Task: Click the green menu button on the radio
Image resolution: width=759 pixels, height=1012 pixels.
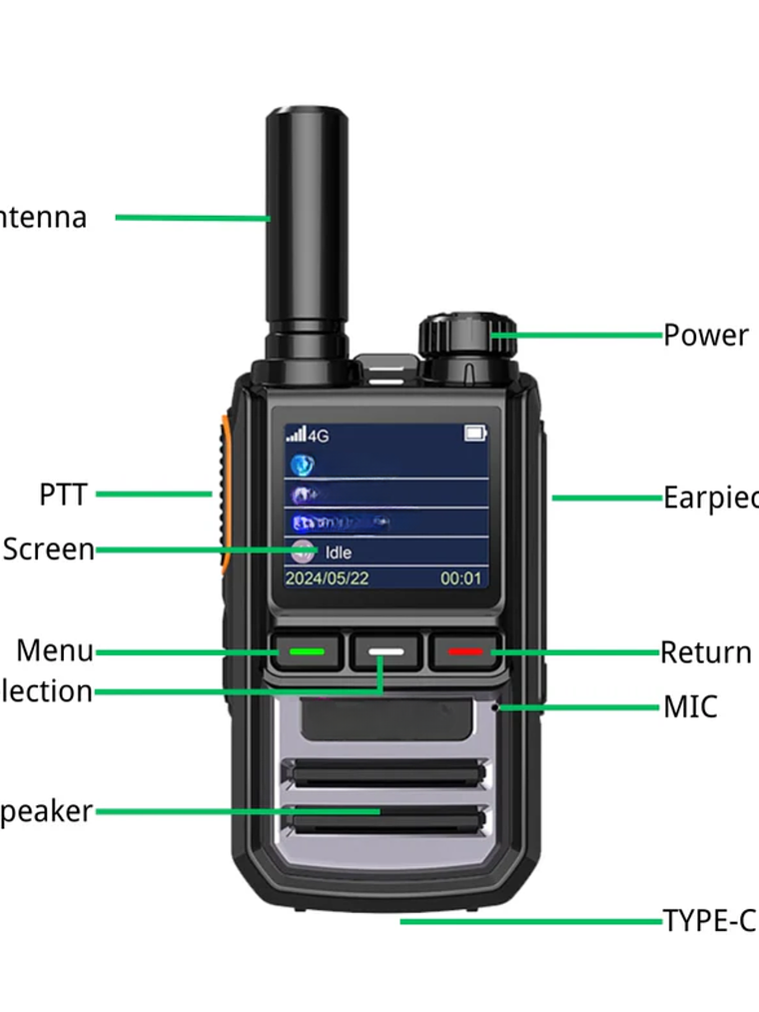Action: point(307,651)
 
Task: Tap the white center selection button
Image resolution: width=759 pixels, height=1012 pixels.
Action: point(386,651)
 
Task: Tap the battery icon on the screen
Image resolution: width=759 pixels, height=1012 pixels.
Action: point(475,434)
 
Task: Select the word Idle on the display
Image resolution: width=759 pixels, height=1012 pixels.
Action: point(339,552)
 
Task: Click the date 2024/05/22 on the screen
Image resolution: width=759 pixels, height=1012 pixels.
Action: point(328,578)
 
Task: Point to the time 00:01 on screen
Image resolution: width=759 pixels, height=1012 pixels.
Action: point(460,578)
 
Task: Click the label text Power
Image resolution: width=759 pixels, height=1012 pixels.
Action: point(705,336)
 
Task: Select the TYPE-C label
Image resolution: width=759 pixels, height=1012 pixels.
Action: point(709,920)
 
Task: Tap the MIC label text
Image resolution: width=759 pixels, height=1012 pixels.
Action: point(690,707)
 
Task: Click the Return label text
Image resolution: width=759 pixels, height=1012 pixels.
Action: point(705,652)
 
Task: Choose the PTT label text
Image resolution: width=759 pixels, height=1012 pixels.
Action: point(63,494)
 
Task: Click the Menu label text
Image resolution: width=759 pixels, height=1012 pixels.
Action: point(54,651)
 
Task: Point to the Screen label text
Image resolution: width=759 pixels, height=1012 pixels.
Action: point(48,549)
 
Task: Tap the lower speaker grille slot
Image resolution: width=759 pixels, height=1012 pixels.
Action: point(385,821)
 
